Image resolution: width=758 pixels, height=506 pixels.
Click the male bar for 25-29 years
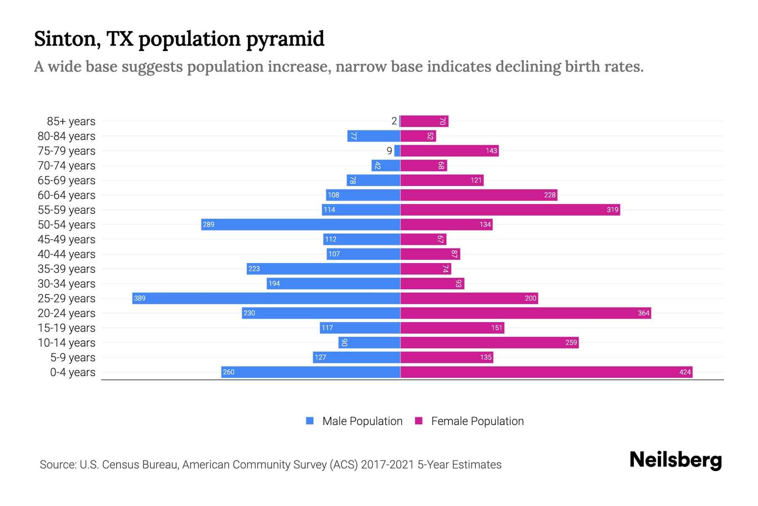point(266,298)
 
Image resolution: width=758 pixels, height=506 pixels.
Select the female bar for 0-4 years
point(546,372)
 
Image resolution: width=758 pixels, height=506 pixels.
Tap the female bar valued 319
point(510,210)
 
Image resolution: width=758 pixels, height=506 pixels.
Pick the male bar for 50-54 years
point(301,224)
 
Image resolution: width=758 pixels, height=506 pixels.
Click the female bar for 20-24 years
point(526,313)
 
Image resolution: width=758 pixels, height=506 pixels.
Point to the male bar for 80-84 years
point(374,136)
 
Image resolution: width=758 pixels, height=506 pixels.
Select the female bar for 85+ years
point(424,121)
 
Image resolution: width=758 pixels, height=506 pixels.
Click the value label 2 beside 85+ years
point(394,121)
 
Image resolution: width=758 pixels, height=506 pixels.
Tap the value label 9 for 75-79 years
point(390,151)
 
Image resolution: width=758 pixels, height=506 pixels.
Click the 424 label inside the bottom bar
point(685,372)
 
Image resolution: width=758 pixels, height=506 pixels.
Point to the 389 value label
point(139,298)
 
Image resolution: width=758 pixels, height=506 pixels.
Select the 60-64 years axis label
point(67,195)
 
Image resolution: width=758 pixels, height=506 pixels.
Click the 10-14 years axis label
point(67,343)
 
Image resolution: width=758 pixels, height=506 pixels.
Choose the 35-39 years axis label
point(67,269)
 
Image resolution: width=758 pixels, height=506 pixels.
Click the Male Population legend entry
point(362,421)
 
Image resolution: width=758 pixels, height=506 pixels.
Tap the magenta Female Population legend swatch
point(419,421)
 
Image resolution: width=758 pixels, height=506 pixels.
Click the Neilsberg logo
point(675,460)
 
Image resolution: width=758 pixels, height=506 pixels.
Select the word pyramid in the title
point(285,39)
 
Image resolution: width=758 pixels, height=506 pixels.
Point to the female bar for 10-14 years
point(489,342)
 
